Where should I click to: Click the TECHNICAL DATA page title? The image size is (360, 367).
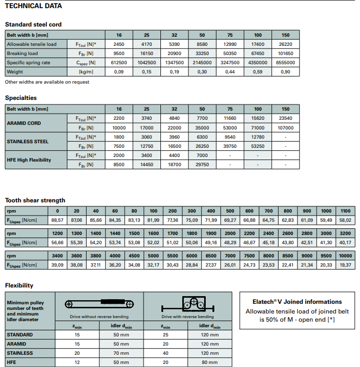pyautogui.click(x=33, y=6)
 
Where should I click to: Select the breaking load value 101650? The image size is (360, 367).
pyautogui.click(x=285, y=54)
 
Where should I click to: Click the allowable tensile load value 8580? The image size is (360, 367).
pyautogui.click(x=202, y=44)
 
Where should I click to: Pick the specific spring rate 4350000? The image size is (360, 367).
pyautogui.click(x=258, y=63)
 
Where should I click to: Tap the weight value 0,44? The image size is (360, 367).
pyautogui.click(x=230, y=72)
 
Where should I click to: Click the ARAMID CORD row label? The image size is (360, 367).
pyautogui.click(x=24, y=123)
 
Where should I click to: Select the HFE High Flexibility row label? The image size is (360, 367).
pyautogui.click(x=29, y=160)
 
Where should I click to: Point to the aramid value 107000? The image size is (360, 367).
pyautogui.click(x=285, y=128)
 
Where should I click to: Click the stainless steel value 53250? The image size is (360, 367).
pyautogui.click(x=258, y=146)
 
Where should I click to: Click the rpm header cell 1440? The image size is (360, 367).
pyautogui.click(x=115, y=233)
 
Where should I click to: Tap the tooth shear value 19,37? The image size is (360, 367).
pyautogui.click(x=345, y=265)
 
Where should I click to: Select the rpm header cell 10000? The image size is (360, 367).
pyautogui.click(x=345, y=256)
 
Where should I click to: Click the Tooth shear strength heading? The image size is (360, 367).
pyautogui.click(x=35, y=200)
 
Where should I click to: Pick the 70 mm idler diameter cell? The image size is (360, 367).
pyautogui.click(x=122, y=353)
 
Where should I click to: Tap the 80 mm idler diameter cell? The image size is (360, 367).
pyautogui.click(x=209, y=362)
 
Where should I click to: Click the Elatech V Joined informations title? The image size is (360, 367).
pyautogui.click(x=297, y=302)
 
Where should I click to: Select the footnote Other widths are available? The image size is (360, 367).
pyautogui.click(x=47, y=82)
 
